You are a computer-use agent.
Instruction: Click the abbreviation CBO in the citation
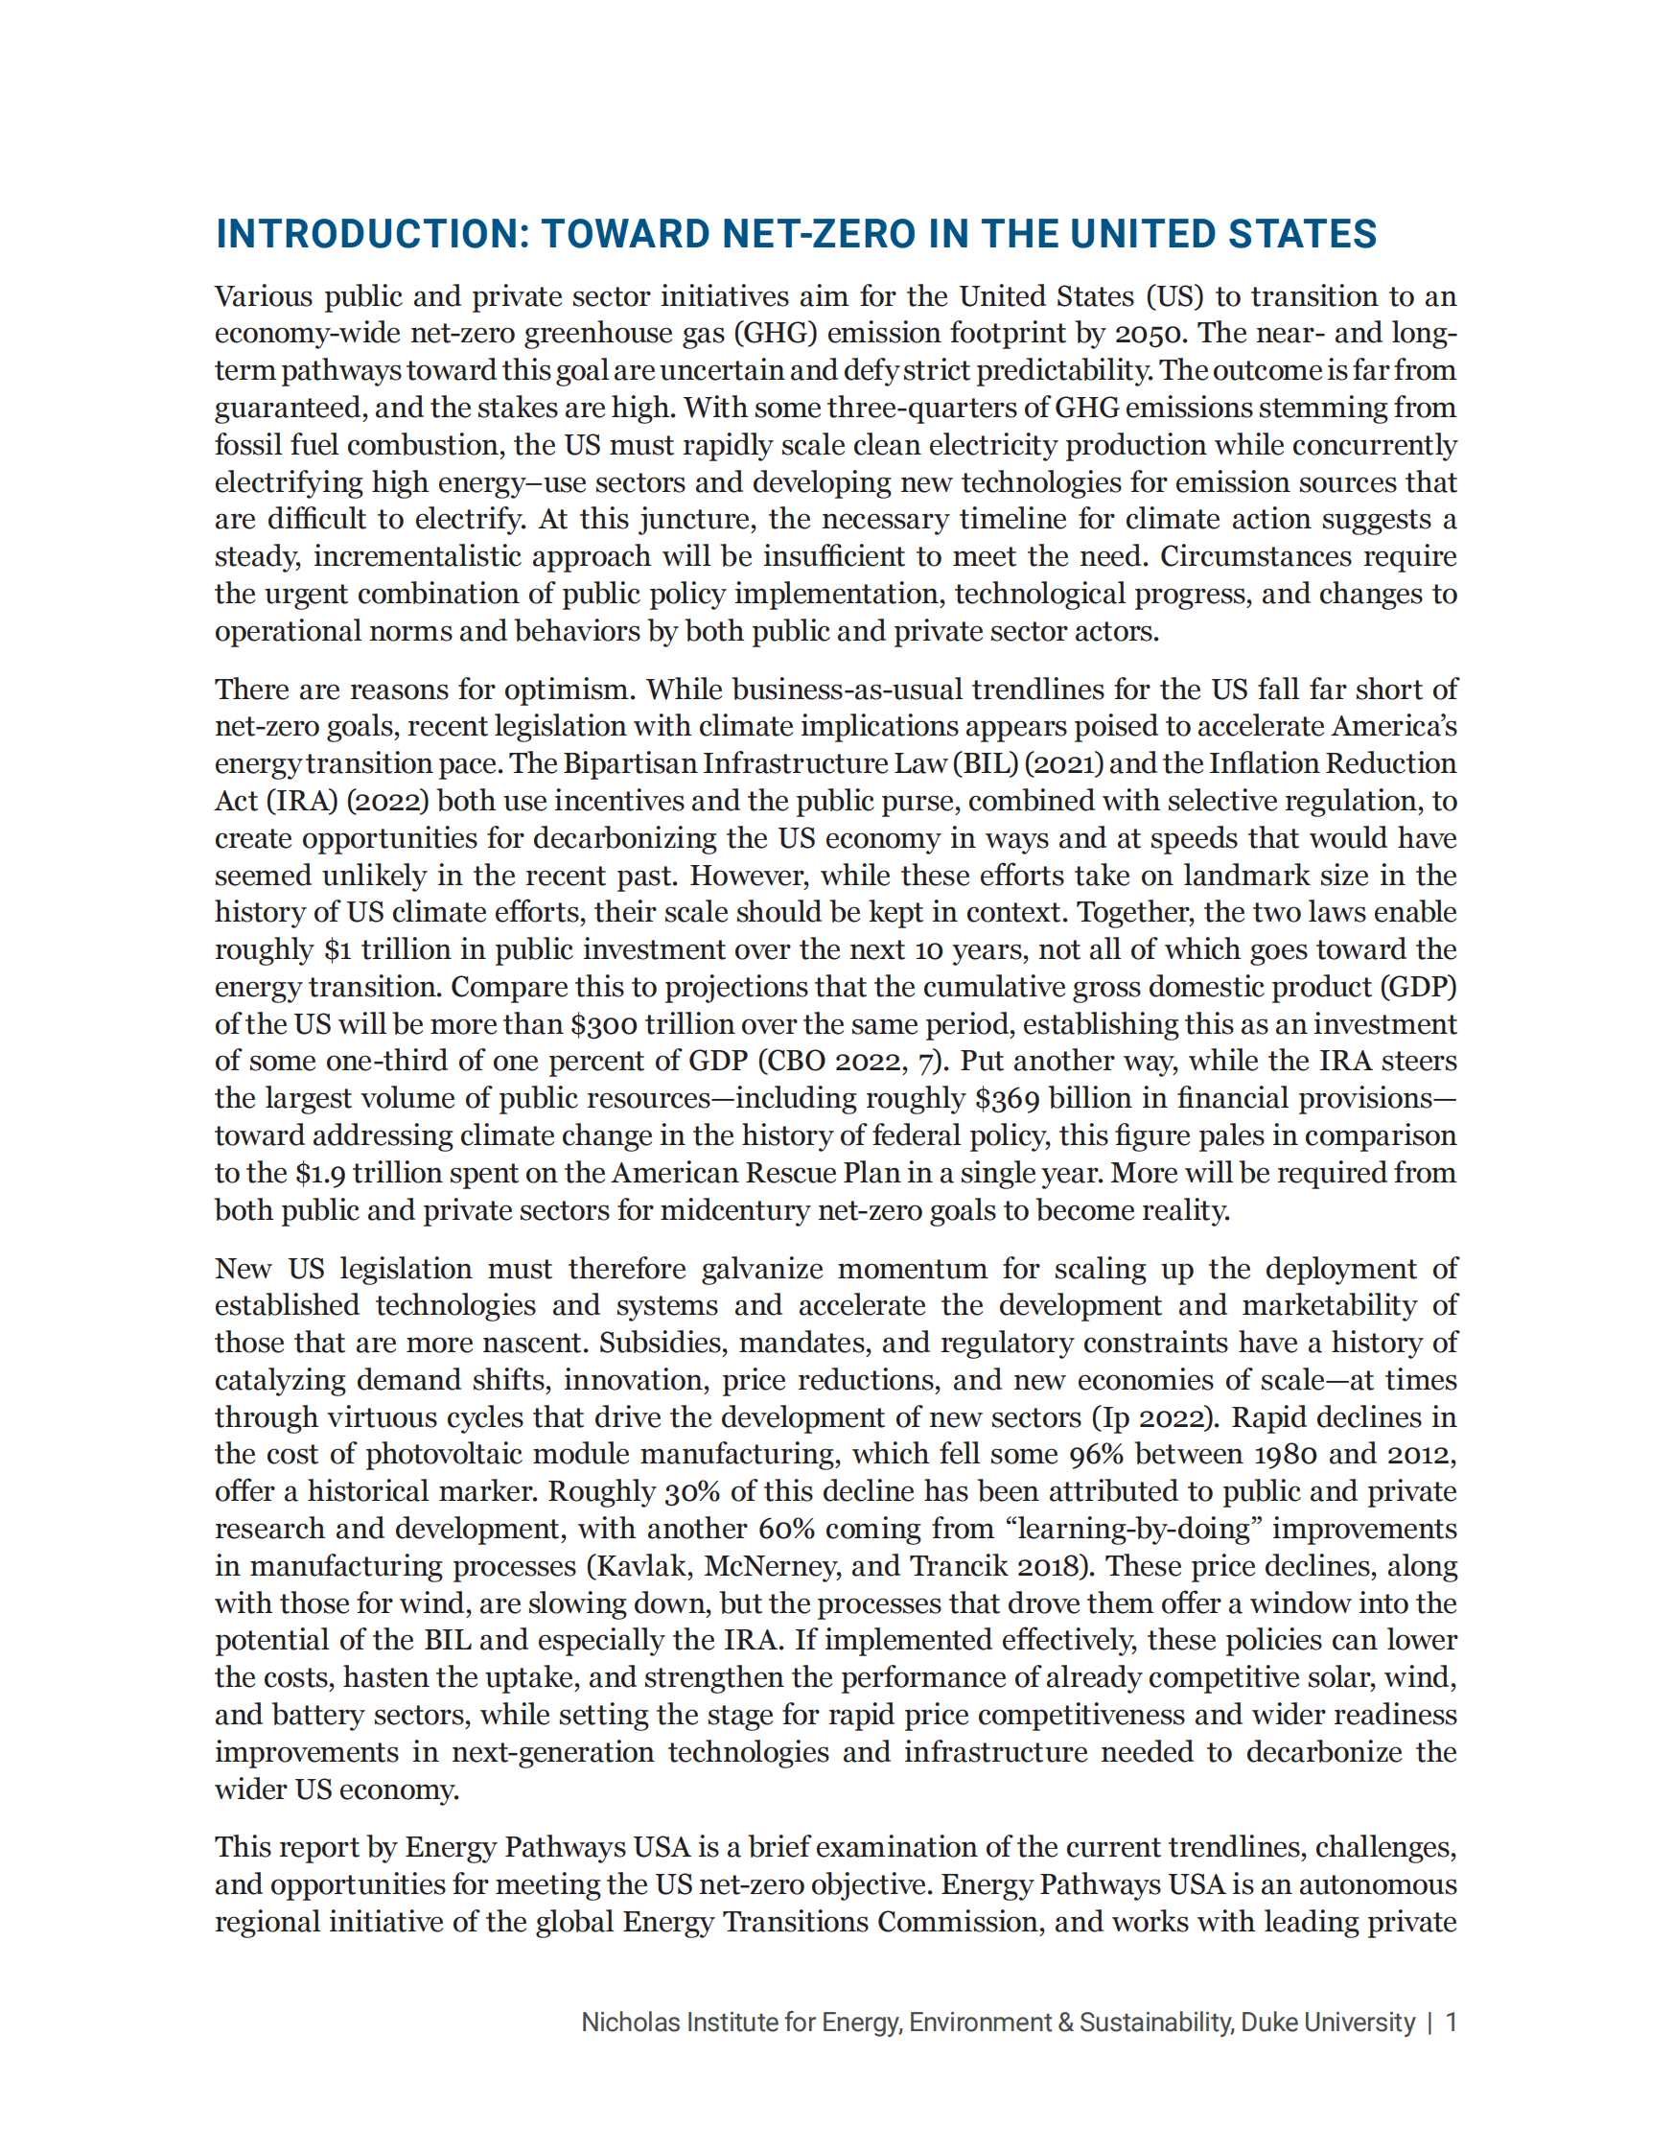[796, 1062]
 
